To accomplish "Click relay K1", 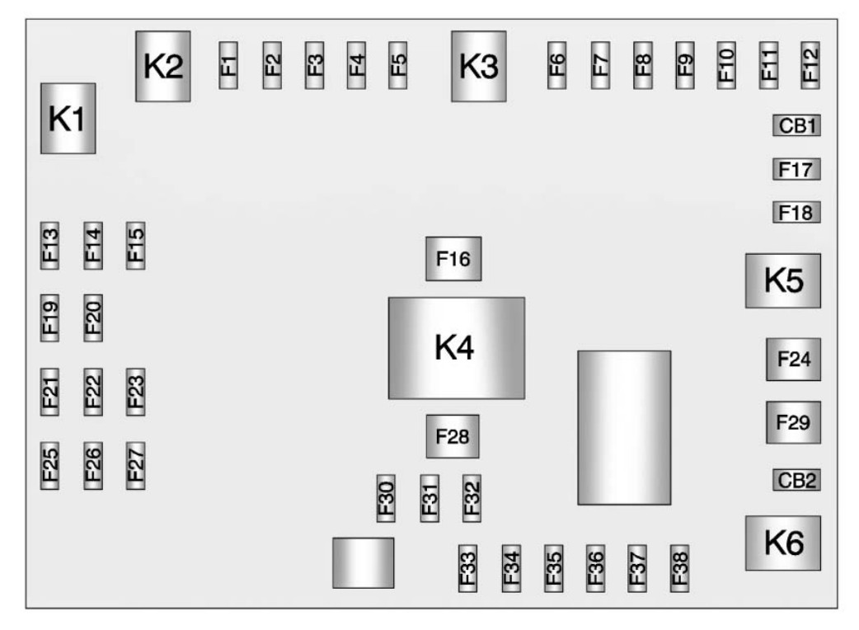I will (68, 118).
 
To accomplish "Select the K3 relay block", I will (478, 66).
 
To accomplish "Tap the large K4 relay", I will (456, 348).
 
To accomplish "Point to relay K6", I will (783, 543).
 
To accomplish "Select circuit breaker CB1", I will (796, 126).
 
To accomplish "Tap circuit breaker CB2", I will (796, 480).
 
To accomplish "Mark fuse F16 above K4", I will (453, 259).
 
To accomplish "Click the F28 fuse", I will (453, 436).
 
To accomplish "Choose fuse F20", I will (93, 317).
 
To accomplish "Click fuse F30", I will (386, 498).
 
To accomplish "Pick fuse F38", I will (680, 568).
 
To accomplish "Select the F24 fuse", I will (793, 360).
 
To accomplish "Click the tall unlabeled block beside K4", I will (624, 427).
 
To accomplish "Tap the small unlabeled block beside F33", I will (363, 562).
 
